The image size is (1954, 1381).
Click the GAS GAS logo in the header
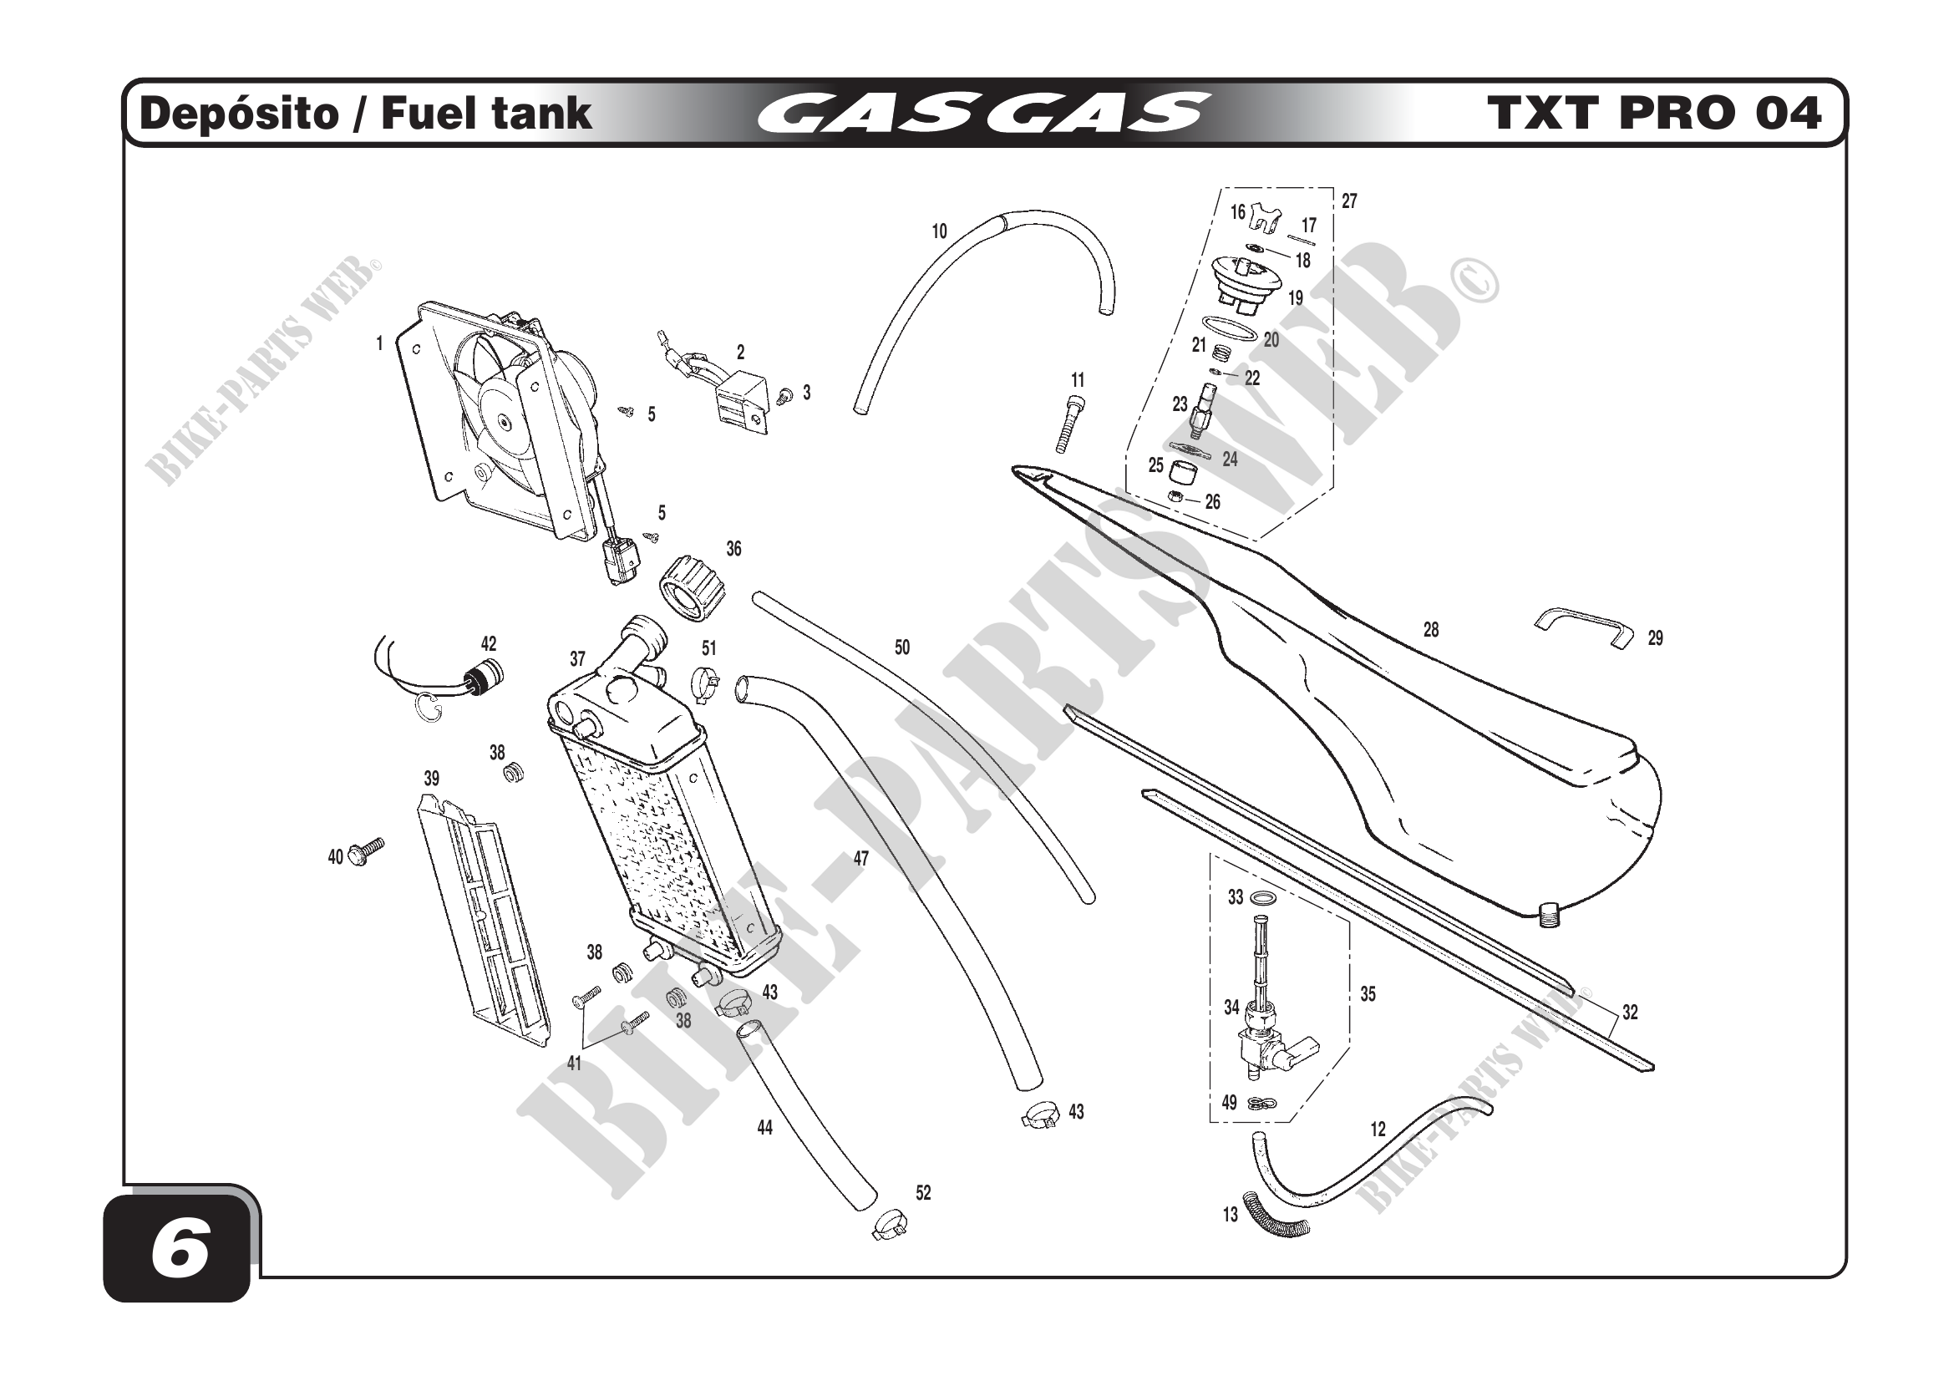(x=983, y=114)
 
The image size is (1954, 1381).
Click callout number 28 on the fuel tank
(x=1430, y=631)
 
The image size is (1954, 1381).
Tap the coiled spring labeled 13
(x=1276, y=1214)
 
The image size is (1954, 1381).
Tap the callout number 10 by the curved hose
(x=939, y=231)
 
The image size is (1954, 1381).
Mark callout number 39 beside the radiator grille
(x=431, y=779)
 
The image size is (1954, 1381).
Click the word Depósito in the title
(x=238, y=114)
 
